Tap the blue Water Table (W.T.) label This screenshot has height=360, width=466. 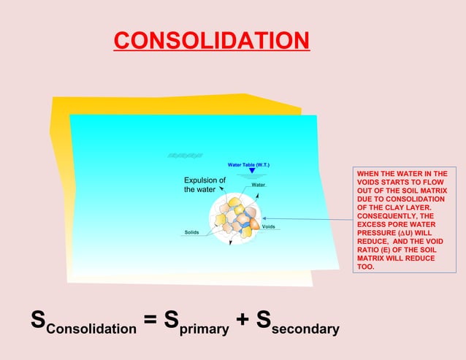[x=249, y=165]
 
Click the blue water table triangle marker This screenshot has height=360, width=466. [x=252, y=172]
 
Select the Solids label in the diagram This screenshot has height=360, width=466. [x=192, y=232]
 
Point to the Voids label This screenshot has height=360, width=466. [x=268, y=226]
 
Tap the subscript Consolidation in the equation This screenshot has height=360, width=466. [x=91, y=329]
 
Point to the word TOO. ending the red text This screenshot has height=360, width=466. [x=364, y=267]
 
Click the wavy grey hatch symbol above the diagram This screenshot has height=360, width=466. [x=185, y=155]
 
